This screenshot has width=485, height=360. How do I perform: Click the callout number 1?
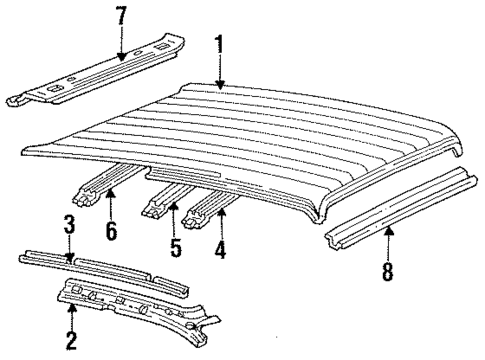point(218,45)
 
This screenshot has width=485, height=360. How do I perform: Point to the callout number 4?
point(220,243)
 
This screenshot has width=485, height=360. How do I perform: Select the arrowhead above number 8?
point(389,230)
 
